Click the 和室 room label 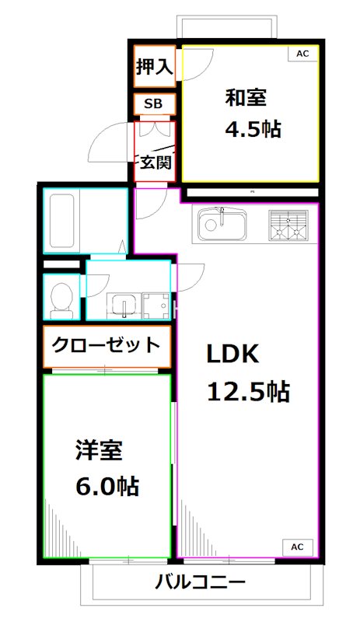(x=246, y=98)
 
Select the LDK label (x=232, y=354)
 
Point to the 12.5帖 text (x=247, y=391)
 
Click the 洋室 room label (x=99, y=450)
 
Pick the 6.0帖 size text (x=107, y=487)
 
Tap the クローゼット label (x=106, y=343)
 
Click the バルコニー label (x=200, y=582)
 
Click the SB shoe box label (x=153, y=104)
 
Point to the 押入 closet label (x=154, y=68)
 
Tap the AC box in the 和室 (x=302, y=54)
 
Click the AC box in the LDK (x=297, y=547)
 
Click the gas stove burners (x=288, y=225)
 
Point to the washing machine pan (x=156, y=306)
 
